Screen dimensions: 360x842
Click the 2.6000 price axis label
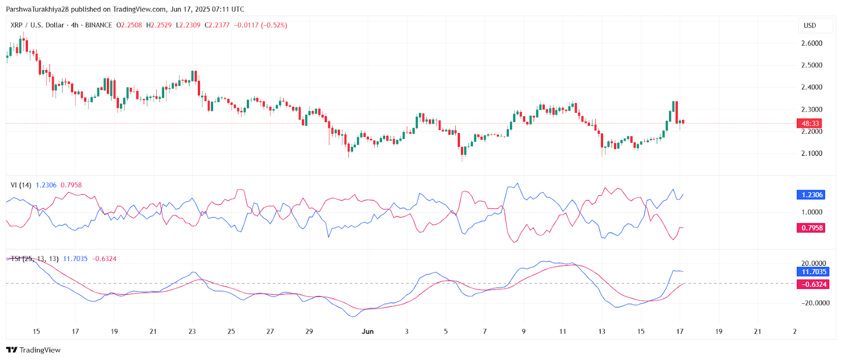tap(811, 43)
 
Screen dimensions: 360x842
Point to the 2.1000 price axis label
tap(811, 153)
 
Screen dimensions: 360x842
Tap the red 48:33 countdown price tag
tap(810, 124)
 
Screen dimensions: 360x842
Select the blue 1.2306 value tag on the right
tap(811, 195)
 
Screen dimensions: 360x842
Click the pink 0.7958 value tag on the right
tap(811, 228)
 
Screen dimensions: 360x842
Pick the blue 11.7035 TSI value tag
tap(814, 272)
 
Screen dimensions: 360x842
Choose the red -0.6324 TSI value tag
tap(814, 284)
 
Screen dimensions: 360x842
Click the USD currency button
tap(810, 25)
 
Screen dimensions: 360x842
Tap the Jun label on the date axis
tap(367, 332)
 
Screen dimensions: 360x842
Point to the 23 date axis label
tap(192, 332)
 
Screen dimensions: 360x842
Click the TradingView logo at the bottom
tap(34, 350)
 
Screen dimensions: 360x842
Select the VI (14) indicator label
tap(21, 185)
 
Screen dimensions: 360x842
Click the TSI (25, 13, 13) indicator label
tap(35, 259)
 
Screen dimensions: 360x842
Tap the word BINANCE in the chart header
tap(98, 25)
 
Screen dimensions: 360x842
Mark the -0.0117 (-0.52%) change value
tap(260, 25)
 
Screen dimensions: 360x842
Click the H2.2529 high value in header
tap(159, 25)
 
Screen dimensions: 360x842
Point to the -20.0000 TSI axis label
tap(815, 303)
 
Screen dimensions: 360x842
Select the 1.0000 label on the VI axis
tap(811, 212)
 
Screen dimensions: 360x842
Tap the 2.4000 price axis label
tap(811, 87)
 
